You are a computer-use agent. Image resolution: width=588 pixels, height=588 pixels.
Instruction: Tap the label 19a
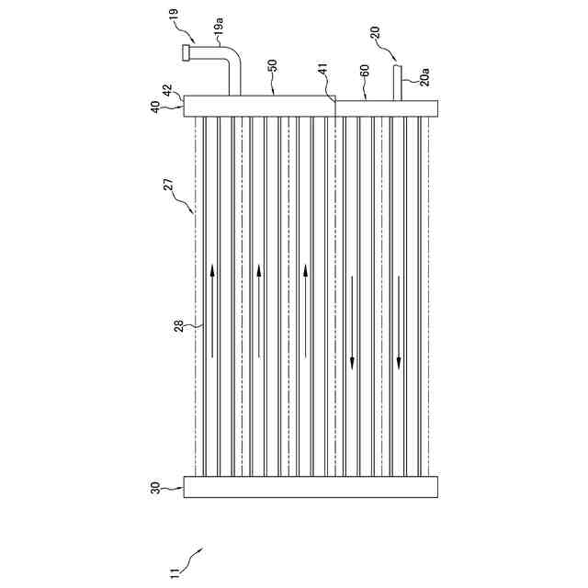pos(220,34)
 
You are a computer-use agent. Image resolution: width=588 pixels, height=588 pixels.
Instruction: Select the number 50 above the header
pos(273,69)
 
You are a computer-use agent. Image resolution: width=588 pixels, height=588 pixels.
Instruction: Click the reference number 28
pos(180,324)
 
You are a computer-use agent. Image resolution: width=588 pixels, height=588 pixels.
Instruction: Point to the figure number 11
pos(175,571)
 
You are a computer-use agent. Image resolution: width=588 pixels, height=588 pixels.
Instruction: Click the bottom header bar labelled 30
pos(311,487)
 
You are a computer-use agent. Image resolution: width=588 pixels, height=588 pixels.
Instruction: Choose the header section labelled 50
pos(260,106)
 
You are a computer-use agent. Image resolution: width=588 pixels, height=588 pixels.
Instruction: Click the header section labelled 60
pos(387,107)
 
